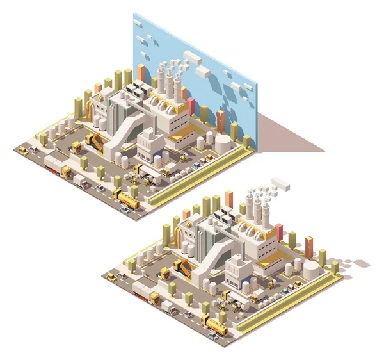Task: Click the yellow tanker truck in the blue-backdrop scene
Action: [127, 201]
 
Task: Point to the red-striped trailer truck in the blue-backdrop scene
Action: [57, 168]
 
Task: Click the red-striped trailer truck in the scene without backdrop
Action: [145, 293]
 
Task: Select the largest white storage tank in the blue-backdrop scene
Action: [222, 142]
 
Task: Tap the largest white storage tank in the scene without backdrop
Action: [310, 266]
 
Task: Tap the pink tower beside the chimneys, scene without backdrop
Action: [278, 231]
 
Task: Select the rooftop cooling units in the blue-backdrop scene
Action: [138, 90]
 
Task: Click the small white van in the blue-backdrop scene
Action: [81, 182]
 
